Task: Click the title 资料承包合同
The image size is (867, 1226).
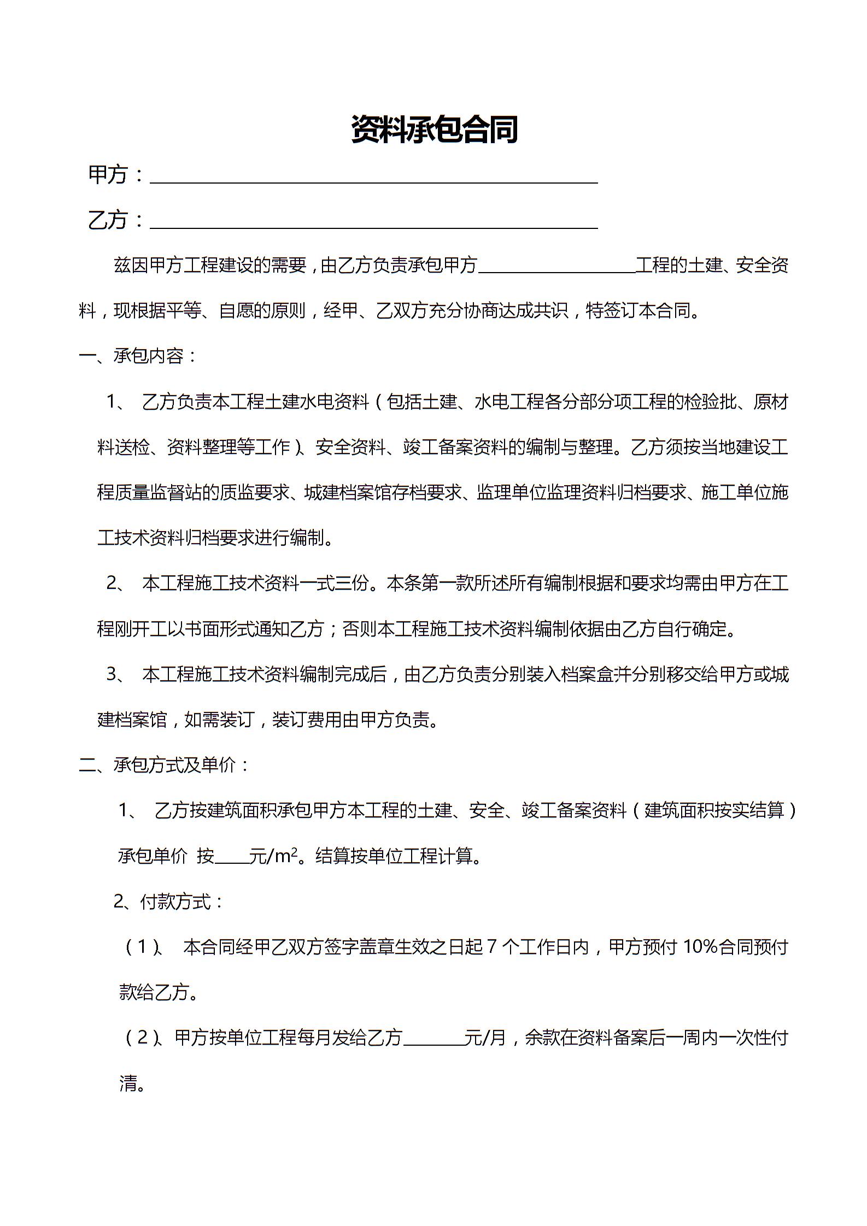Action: click(x=434, y=129)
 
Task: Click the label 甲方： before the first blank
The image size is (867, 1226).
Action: click(x=116, y=175)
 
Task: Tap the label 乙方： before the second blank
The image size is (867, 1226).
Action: click(x=116, y=220)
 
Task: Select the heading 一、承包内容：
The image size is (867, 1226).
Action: click(x=138, y=356)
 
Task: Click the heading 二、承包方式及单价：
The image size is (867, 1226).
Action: click(x=164, y=765)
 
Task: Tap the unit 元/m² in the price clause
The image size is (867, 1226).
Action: click(x=273, y=856)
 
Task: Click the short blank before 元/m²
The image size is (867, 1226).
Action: click(x=232, y=859)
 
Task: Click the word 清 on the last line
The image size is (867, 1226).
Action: click(x=128, y=1083)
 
